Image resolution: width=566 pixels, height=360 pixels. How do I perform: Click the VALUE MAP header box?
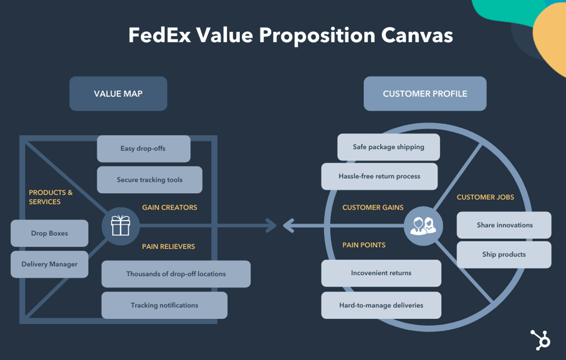(x=118, y=93)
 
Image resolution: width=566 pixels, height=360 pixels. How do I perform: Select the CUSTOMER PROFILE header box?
(x=425, y=93)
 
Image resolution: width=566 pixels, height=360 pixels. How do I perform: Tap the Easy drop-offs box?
(x=143, y=149)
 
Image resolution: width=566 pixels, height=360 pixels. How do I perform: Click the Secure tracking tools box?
(x=149, y=180)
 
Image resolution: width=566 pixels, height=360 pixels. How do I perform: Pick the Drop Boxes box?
(x=49, y=233)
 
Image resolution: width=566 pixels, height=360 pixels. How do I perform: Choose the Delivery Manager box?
(x=49, y=264)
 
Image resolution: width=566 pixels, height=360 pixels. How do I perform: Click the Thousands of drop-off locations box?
(x=176, y=274)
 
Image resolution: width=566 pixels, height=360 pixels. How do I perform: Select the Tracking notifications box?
(x=164, y=305)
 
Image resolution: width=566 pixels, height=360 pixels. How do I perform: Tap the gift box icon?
(x=121, y=225)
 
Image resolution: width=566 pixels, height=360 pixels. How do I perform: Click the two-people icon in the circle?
(x=423, y=225)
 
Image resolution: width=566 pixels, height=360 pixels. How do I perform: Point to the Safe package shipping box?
(x=388, y=147)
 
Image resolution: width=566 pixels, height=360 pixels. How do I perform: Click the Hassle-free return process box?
(x=379, y=176)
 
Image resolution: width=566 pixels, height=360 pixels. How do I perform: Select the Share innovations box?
(x=504, y=225)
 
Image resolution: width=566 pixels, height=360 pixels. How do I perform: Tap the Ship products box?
(x=504, y=254)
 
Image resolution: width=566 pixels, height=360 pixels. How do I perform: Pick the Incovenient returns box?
(x=381, y=273)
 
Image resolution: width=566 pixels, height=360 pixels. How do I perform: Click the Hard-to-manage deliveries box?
(x=381, y=305)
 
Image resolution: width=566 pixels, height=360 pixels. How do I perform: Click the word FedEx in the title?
(x=158, y=35)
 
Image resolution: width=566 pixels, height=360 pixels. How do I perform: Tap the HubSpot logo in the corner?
(x=540, y=340)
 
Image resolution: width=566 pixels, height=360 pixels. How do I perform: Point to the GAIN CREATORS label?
(x=170, y=207)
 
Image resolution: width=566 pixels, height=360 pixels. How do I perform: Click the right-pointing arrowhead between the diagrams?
(x=272, y=225)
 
